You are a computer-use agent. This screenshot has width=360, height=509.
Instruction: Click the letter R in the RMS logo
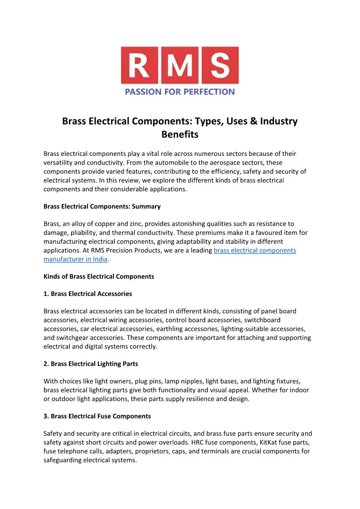[140, 65]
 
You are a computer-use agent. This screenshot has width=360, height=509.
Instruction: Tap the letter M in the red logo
[180, 65]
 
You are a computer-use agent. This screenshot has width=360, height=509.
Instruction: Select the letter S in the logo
[219, 65]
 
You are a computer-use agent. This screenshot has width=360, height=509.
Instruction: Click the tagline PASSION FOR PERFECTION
[180, 92]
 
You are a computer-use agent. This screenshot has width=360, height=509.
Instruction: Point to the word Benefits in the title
[180, 135]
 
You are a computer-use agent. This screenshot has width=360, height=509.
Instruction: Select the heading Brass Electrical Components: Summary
[102, 206]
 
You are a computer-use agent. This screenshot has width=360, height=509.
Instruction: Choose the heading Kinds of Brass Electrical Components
[99, 276]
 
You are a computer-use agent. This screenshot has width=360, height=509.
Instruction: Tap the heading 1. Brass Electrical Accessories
[88, 294]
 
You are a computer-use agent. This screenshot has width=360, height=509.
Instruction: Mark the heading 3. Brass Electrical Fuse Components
[97, 416]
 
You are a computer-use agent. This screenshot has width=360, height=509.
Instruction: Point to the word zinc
[134, 224]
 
